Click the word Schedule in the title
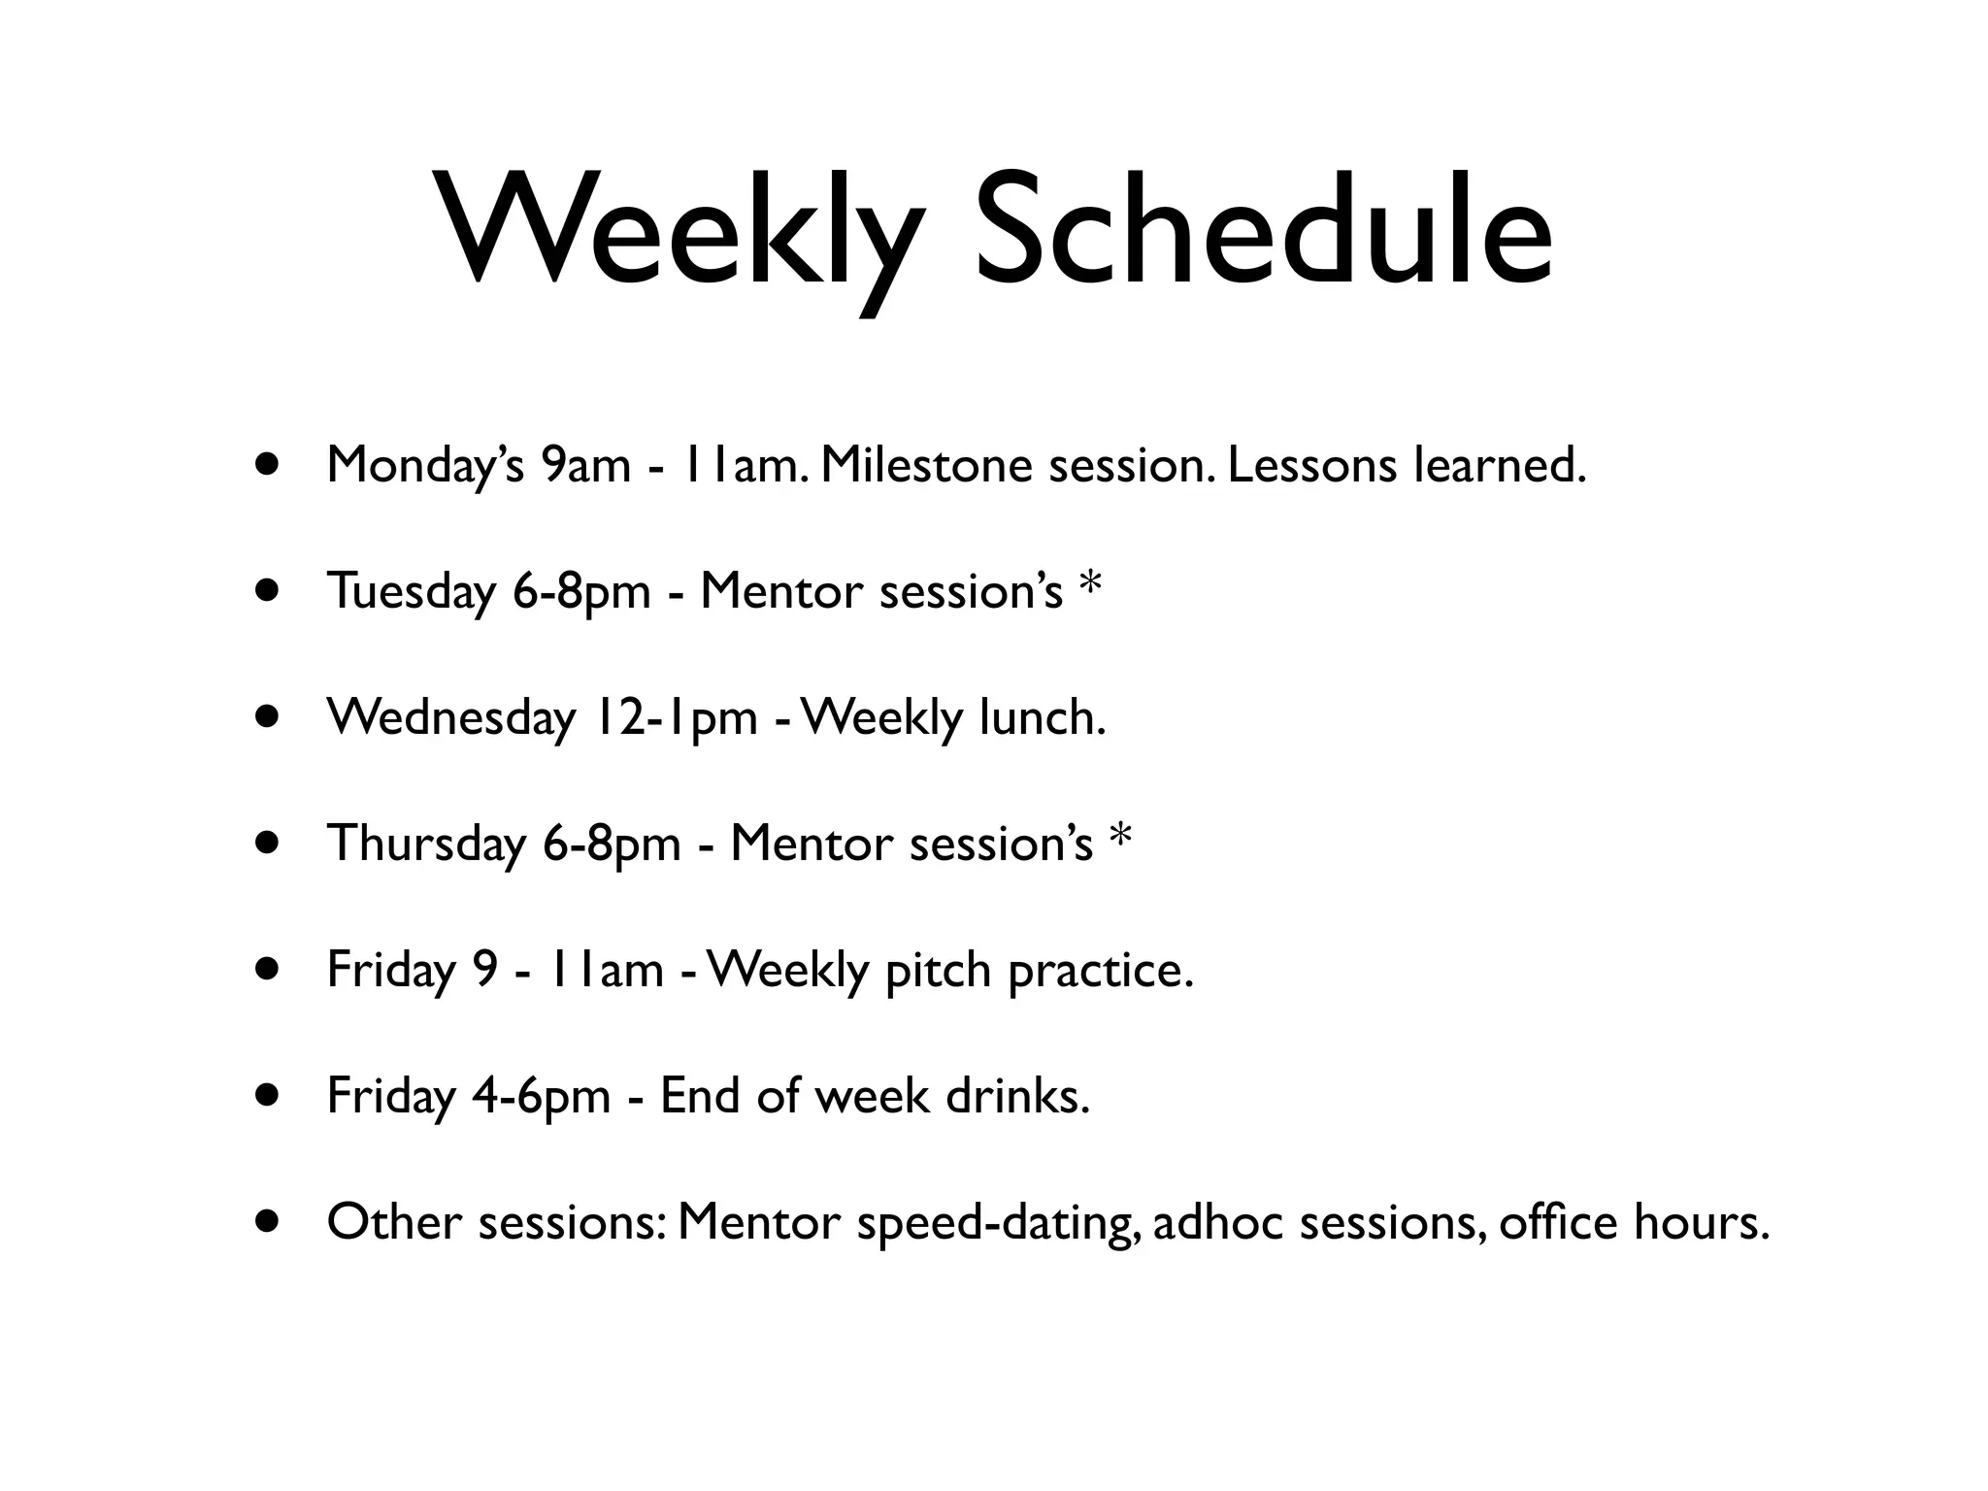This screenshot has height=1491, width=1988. pos(1263,233)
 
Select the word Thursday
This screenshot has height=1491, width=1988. pos(427,844)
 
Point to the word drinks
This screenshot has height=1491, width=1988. pos(1018,1096)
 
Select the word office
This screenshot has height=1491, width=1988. pos(1558,1222)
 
